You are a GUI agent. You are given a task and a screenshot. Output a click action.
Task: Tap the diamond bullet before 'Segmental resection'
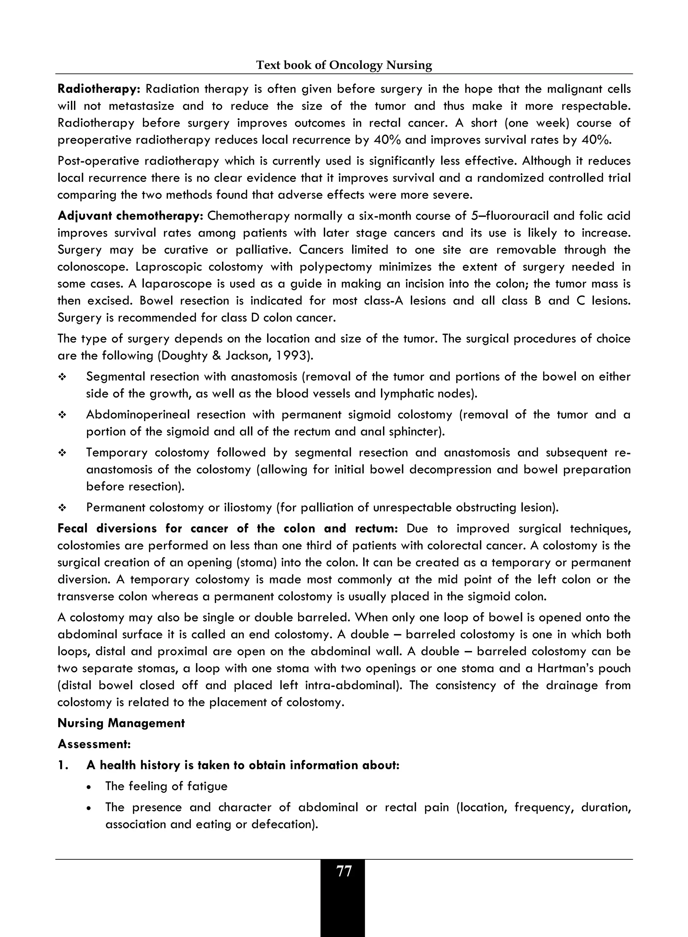point(62,377)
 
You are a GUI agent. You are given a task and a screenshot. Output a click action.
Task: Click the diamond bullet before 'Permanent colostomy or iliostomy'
point(62,508)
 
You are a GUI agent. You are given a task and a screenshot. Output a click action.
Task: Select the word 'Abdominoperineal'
point(138,414)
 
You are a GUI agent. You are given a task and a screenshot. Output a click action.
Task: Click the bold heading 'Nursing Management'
point(121,723)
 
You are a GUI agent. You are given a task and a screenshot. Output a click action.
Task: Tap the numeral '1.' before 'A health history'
point(63,765)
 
